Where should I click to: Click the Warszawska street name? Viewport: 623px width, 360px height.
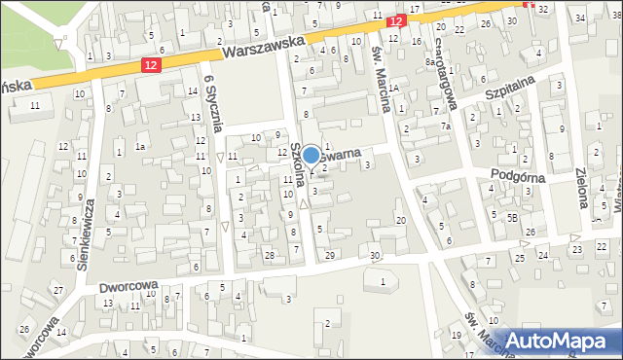[263, 42]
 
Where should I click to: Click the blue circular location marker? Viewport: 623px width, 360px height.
[311, 155]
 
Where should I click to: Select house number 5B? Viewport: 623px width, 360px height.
[511, 218]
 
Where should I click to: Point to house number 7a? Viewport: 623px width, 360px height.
[446, 126]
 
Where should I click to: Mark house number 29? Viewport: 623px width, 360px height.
[330, 255]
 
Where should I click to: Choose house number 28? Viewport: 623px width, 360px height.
[270, 255]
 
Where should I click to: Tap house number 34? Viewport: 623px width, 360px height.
[580, 17]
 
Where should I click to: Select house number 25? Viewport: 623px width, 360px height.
[520, 258]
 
